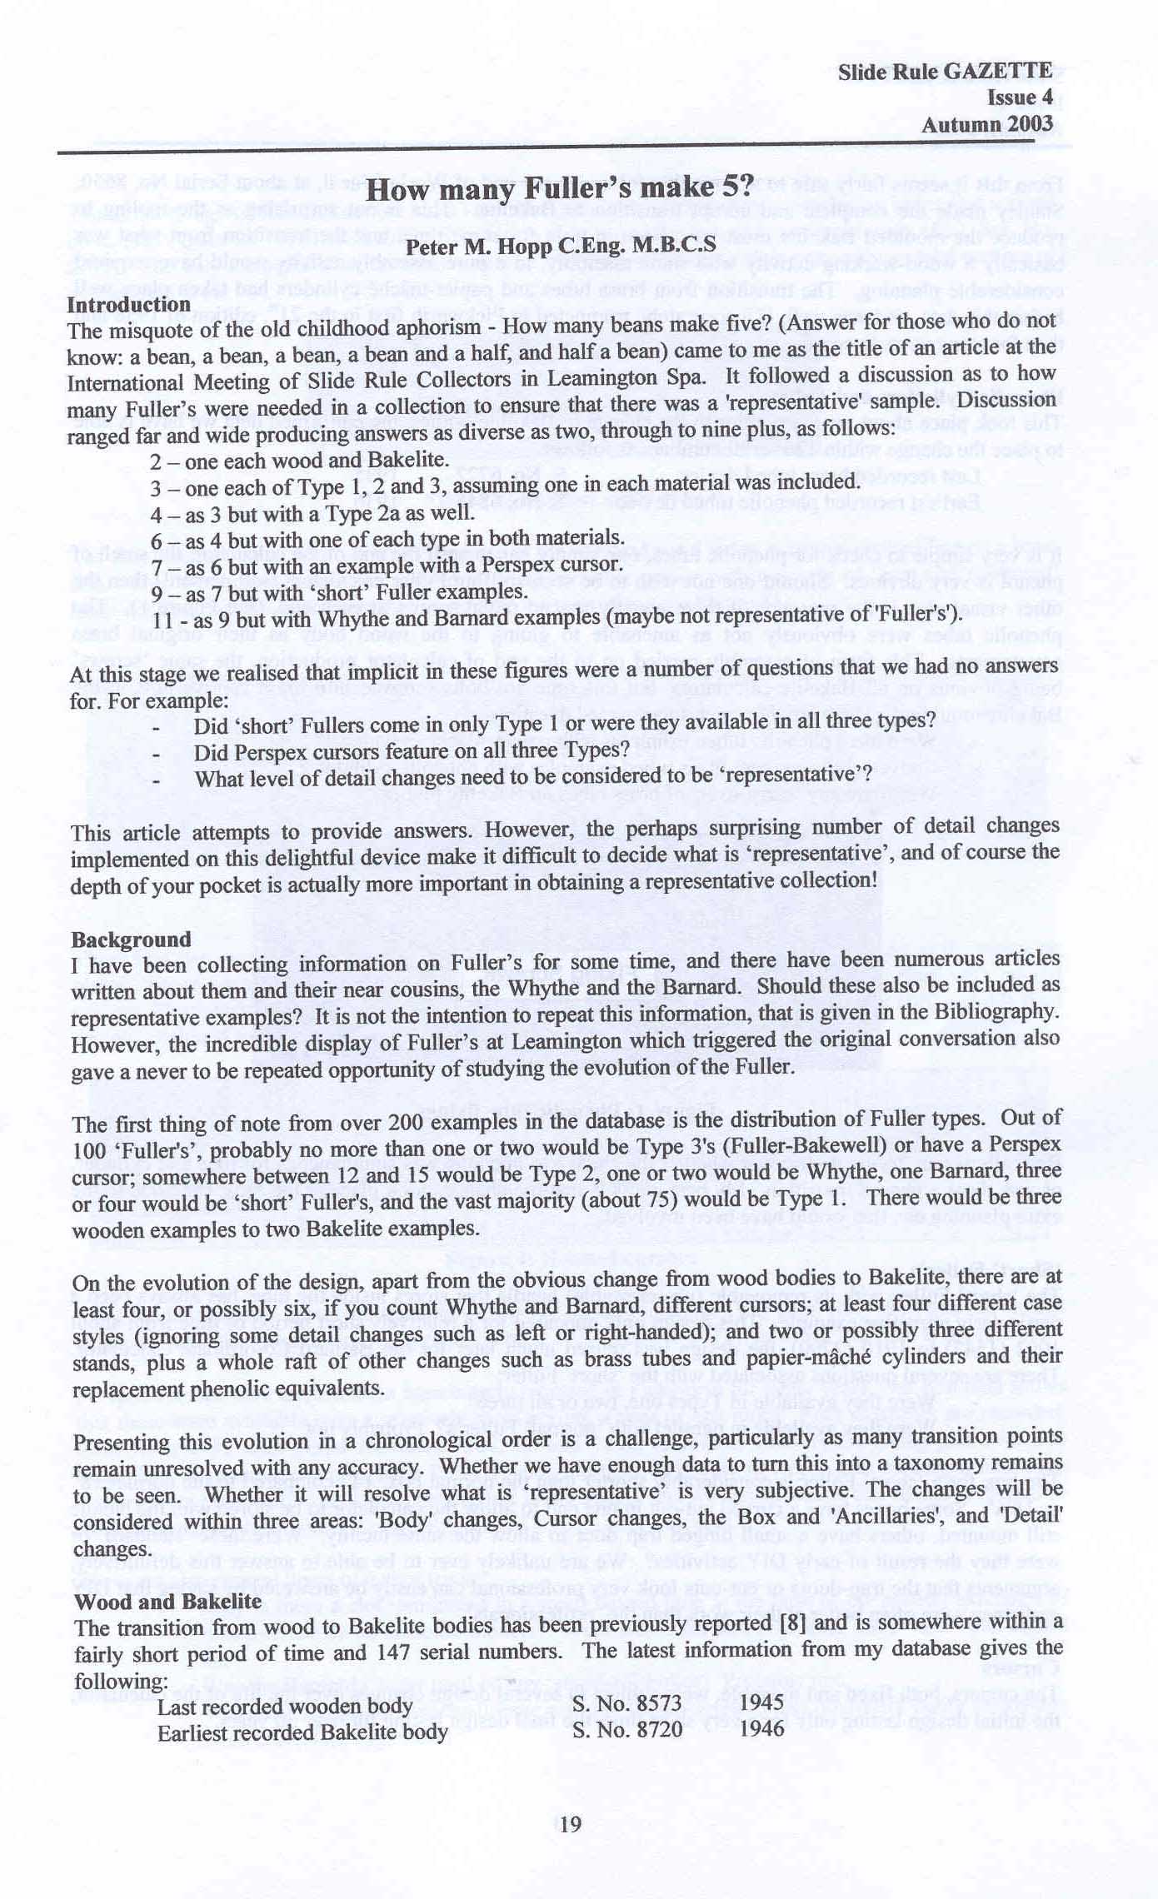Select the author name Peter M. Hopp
(x=560, y=247)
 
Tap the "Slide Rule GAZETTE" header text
(x=945, y=72)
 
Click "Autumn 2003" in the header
(x=986, y=125)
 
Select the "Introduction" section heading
(x=129, y=305)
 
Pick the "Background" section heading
(x=131, y=940)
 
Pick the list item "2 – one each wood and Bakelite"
(x=299, y=461)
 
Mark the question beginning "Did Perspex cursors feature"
(x=412, y=750)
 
